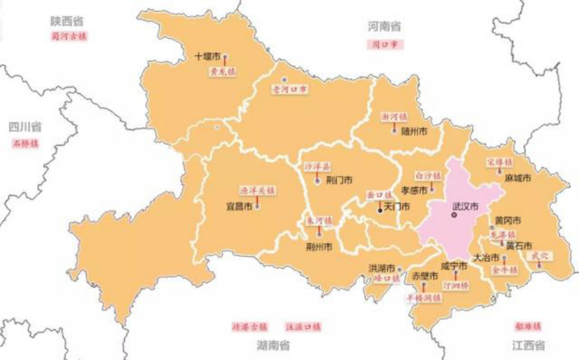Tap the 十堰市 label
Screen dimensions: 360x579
click(x=208, y=57)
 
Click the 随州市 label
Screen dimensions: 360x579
click(x=414, y=130)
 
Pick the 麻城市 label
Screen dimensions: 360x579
click(x=518, y=178)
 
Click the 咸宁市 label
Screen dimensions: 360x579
click(x=454, y=266)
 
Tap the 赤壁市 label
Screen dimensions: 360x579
click(x=424, y=276)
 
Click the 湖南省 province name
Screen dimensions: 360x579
click(x=274, y=345)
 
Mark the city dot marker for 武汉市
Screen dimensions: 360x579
click(x=453, y=217)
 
